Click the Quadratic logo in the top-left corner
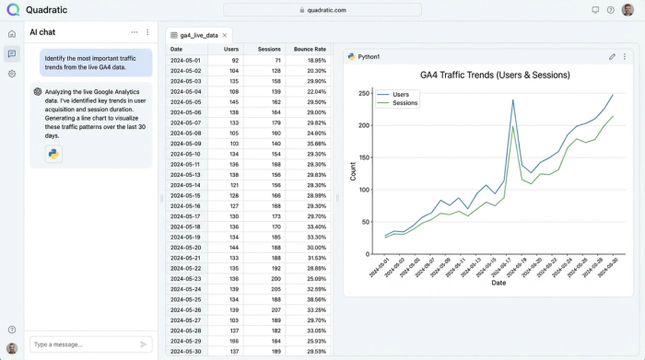(12, 9)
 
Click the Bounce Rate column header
(310, 49)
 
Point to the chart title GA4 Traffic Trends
(495, 75)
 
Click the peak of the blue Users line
(513, 100)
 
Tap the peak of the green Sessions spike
(513, 126)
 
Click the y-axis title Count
(353, 171)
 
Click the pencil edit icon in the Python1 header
(612, 57)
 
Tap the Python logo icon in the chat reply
(53, 154)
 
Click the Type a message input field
(83, 344)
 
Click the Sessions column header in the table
(269, 49)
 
